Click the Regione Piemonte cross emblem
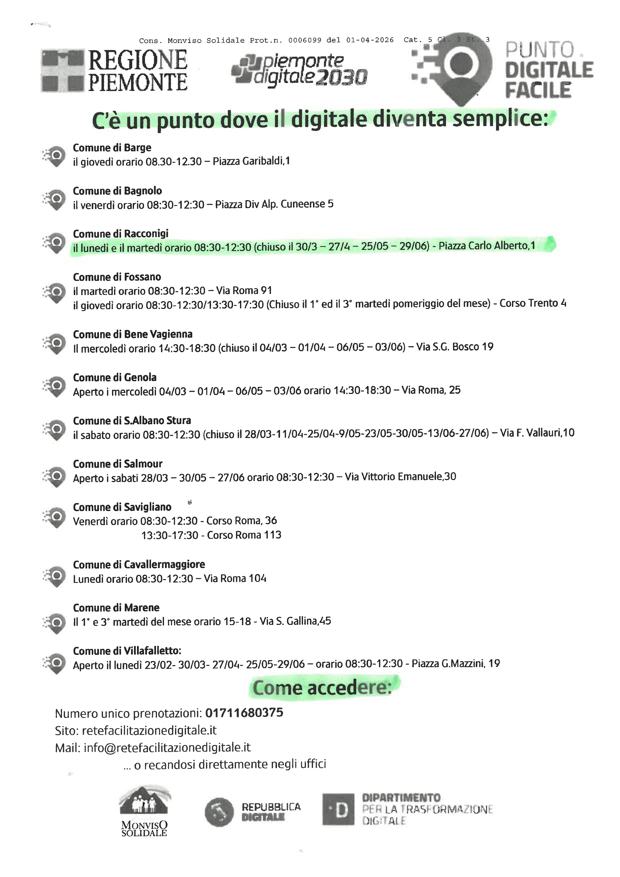coord(62,71)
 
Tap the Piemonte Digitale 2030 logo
coord(299,70)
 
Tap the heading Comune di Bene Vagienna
coord(132,334)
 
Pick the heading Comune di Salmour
coord(117,464)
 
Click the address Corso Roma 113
coord(244,535)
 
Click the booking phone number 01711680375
coord(244,713)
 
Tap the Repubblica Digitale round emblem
coord(219,812)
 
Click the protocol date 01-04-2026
coord(369,40)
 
